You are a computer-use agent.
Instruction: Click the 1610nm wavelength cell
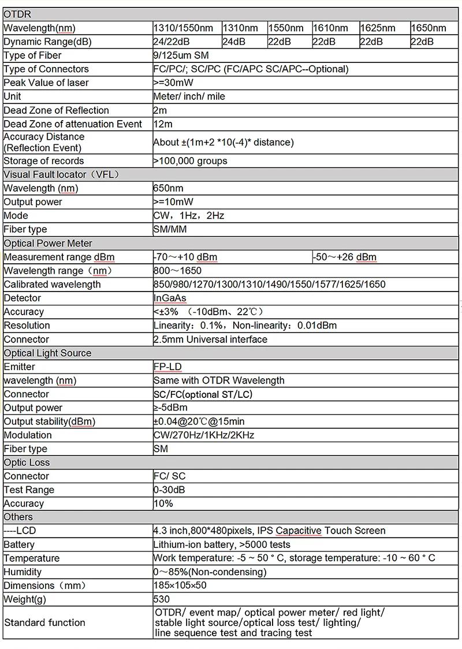[x=330, y=28]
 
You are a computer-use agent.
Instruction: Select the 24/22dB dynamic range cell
[x=172, y=42]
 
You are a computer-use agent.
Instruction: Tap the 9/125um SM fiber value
[x=181, y=55]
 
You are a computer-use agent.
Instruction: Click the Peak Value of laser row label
[x=46, y=83]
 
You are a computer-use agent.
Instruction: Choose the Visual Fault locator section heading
[x=62, y=174]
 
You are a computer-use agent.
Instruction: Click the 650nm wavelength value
[x=168, y=188]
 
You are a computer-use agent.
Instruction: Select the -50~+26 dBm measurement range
[x=345, y=257]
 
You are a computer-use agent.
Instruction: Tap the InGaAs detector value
[x=170, y=298]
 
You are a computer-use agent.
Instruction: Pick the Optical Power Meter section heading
[x=48, y=243]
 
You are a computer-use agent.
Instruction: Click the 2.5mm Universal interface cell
[x=210, y=340]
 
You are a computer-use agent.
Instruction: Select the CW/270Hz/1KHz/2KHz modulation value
[x=204, y=435]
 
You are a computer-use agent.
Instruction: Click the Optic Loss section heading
[x=27, y=462]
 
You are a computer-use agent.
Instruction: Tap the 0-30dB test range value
[x=170, y=490]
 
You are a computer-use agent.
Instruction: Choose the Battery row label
[x=19, y=544]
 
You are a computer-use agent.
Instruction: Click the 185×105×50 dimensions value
[x=180, y=585]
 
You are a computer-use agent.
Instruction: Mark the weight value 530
[x=162, y=599]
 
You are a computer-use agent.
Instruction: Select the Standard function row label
[x=44, y=622]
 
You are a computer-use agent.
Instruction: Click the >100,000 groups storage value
[x=190, y=161]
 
